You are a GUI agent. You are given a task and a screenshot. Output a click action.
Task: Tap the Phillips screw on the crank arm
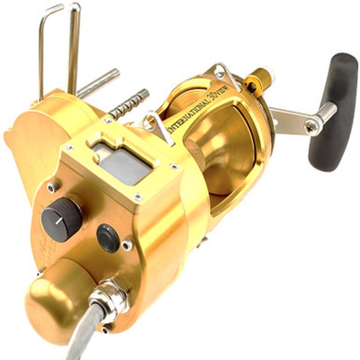click(x=311, y=128)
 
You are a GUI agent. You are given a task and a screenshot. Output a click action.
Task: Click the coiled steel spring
click(x=129, y=104)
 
